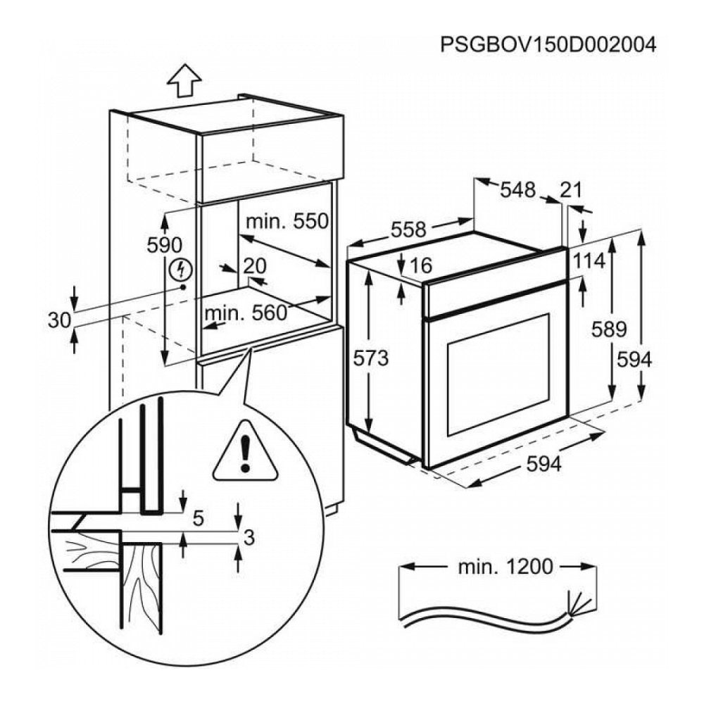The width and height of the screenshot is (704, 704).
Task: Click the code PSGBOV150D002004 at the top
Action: pos(548,45)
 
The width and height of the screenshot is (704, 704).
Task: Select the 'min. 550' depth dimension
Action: pos(287,222)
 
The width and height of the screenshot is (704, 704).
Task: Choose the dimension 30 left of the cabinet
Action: pos(60,320)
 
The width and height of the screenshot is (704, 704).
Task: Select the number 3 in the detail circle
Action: pos(247,537)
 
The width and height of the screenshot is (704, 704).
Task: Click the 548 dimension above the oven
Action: pos(518,190)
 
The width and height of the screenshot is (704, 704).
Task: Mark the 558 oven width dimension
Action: pos(408,230)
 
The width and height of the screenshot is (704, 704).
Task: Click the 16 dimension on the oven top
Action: pos(420,265)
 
